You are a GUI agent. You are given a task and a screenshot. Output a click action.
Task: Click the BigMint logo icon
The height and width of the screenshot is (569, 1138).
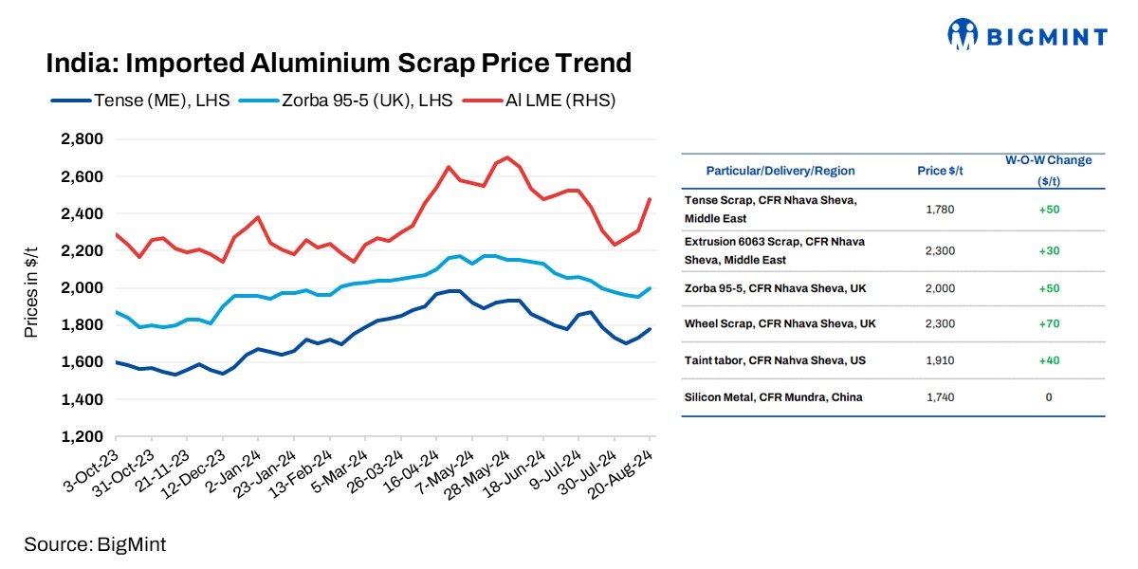(963, 35)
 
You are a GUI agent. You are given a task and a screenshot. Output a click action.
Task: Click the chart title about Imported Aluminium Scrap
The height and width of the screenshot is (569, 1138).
(339, 64)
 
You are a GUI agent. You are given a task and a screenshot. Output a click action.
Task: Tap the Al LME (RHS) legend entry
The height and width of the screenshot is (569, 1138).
(538, 100)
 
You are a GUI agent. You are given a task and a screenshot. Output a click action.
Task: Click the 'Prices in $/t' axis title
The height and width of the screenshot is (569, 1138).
(31, 287)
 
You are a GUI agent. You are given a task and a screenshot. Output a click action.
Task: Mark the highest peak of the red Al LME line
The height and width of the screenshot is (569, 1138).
(507, 157)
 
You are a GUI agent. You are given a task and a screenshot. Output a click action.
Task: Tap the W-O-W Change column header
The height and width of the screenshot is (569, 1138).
(1048, 170)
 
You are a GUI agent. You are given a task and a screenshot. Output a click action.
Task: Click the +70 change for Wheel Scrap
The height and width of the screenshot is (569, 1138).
(1048, 324)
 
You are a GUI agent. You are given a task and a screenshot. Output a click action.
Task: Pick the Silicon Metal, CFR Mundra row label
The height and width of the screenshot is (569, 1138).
(773, 397)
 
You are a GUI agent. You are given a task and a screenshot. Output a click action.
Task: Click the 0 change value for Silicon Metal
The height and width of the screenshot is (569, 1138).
(1048, 397)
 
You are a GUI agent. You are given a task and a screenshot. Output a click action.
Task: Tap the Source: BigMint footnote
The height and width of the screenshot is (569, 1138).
(95, 544)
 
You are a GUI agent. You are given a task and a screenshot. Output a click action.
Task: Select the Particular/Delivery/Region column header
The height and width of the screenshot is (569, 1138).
(780, 171)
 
